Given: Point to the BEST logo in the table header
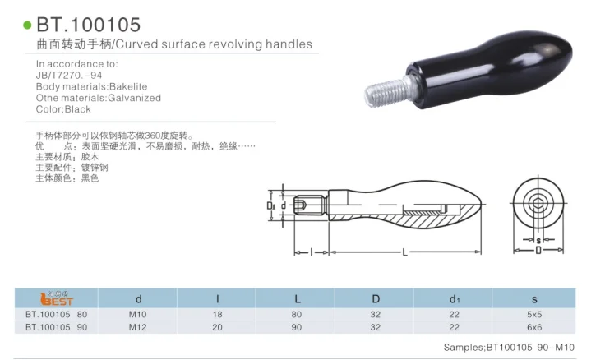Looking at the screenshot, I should [56, 299].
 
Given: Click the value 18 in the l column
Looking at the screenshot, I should [216, 314].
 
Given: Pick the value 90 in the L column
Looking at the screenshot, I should [295, 326].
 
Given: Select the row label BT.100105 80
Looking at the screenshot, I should [56, 314].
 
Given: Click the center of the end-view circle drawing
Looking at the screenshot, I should [538, 200].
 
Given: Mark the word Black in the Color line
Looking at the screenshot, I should [77, 109].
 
